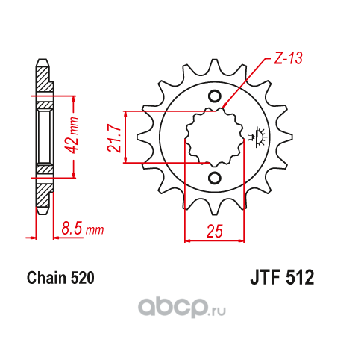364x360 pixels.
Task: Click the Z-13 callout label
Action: tap(288, 58)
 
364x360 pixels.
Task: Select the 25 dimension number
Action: tap(215, 231)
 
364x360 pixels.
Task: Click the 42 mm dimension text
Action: tap(72, 135)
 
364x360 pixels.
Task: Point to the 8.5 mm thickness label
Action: tap(83, 229)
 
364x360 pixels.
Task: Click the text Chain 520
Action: tap(60, 278)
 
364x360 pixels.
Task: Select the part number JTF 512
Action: tap(282, 277)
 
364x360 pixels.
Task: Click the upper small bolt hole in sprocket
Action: tap(214, 96)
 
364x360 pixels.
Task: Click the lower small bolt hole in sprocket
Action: tap(214, 178)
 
